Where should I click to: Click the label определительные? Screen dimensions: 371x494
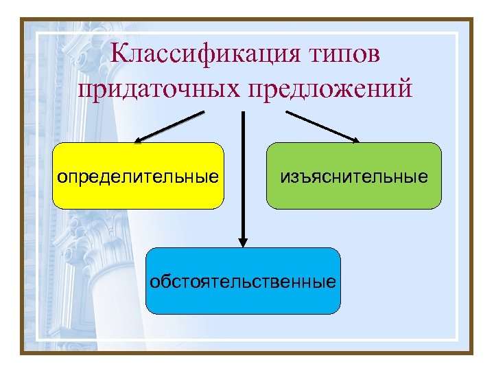(x=138, y=177)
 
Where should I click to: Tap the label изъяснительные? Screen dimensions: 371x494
(x=353, y=177)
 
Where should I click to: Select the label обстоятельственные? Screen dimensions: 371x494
(x=244, y=281)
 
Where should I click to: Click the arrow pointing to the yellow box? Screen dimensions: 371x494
(x=172, y=126)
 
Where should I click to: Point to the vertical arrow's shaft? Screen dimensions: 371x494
(x=243, y=172)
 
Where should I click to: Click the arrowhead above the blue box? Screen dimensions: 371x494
(x=243, y=241)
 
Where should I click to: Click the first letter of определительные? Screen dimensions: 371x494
(x=62, y=178)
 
